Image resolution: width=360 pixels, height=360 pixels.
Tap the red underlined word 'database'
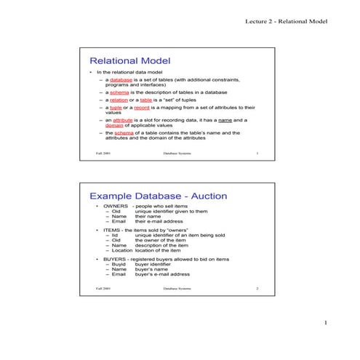coord(121,79)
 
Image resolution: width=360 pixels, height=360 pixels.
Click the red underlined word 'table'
coord(146,100)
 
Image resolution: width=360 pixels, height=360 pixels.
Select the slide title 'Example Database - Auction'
coord(158,196)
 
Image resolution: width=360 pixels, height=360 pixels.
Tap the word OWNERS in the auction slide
coord(116,207)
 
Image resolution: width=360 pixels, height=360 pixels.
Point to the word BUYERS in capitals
coord(115,259)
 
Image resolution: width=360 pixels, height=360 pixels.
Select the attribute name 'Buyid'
coord(119,264)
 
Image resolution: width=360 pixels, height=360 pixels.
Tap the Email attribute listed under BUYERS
coord(119,274)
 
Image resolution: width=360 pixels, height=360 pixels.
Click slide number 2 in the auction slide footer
coord(257,289)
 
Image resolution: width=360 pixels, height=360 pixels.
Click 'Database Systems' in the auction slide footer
coord(178,289)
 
